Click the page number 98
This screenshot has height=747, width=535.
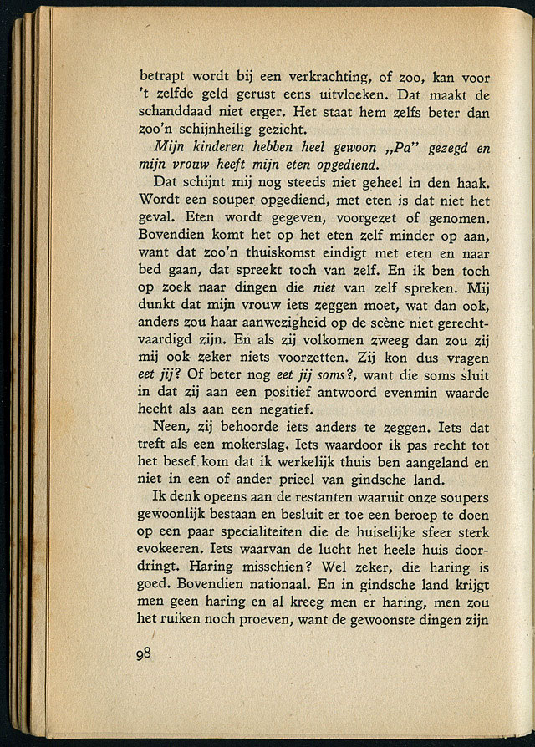(141, 654)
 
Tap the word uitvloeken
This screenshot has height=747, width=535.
(334, 91)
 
